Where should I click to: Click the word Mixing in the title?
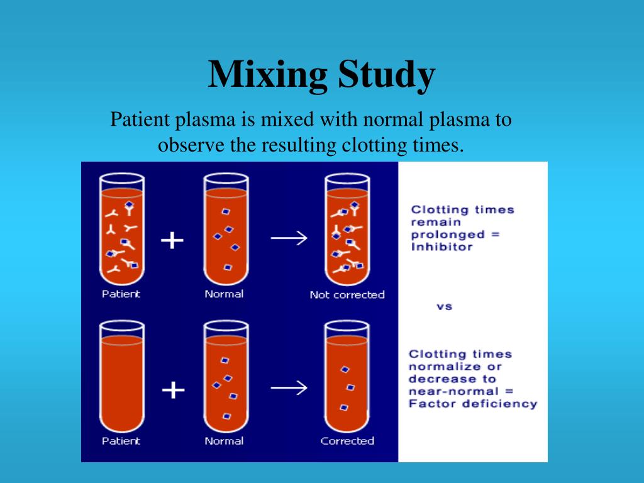tap(268, 75)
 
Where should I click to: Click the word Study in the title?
tap(386, 75)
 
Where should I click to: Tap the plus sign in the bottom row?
tap(173, 390)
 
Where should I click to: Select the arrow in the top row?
tap(289, 238)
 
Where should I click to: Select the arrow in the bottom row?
tap(289, 387)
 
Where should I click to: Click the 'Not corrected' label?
tap(347, 294)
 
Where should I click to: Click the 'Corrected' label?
tap(347, 441)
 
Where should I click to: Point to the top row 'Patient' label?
tap(121, 294)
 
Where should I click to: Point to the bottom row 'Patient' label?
tap(121, 441)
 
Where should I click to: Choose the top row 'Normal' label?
tap(224, 294)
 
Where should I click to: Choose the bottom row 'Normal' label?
tap(224, 441)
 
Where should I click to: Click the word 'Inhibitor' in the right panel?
tap(441, 247)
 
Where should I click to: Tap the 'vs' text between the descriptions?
tap(444, 307)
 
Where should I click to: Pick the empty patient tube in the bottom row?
tap(121, 377)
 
